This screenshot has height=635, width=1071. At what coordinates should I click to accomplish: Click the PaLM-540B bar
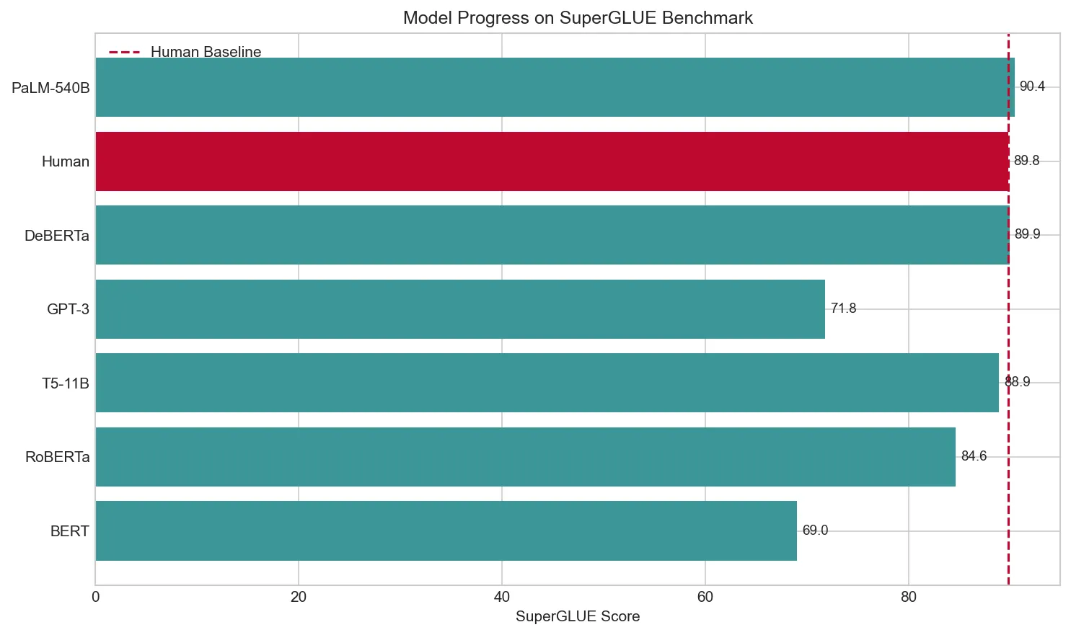tap(555, 87)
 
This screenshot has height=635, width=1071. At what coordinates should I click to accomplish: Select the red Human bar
tap(552, 161)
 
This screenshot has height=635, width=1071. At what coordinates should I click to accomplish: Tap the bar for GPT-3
tap(460, 309)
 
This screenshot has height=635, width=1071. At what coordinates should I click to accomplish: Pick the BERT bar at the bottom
tap(446, 530)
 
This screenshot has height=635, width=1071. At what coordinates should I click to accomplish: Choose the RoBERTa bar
tap(525, 457)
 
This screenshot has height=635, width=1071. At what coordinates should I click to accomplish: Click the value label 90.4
tap(1031, 86)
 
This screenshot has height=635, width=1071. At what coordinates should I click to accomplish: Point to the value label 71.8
tap(843, 308)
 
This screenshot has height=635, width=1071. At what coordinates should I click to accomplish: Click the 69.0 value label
tap(815, 530)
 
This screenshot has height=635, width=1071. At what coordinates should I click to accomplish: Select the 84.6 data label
tap(974, 456)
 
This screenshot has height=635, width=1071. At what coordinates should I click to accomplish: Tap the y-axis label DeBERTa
tap(57, 236)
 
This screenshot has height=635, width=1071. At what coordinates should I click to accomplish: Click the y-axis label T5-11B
tap(66, 383)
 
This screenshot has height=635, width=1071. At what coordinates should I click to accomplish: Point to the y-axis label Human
tap(66, 161)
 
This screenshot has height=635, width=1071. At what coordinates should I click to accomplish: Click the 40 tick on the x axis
tap(501, 597)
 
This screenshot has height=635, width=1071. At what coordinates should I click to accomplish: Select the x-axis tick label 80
tap(908, 597)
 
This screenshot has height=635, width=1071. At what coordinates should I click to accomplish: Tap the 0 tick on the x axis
tap(96, 597)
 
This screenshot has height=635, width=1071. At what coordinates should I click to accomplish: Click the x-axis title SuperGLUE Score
tap(578, 616)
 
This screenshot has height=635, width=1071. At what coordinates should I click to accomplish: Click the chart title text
tap(578, 18)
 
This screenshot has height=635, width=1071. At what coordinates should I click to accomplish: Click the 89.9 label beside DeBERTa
tap(1027, 234)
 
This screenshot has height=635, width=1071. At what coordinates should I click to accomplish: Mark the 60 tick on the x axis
tap(705, 597)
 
